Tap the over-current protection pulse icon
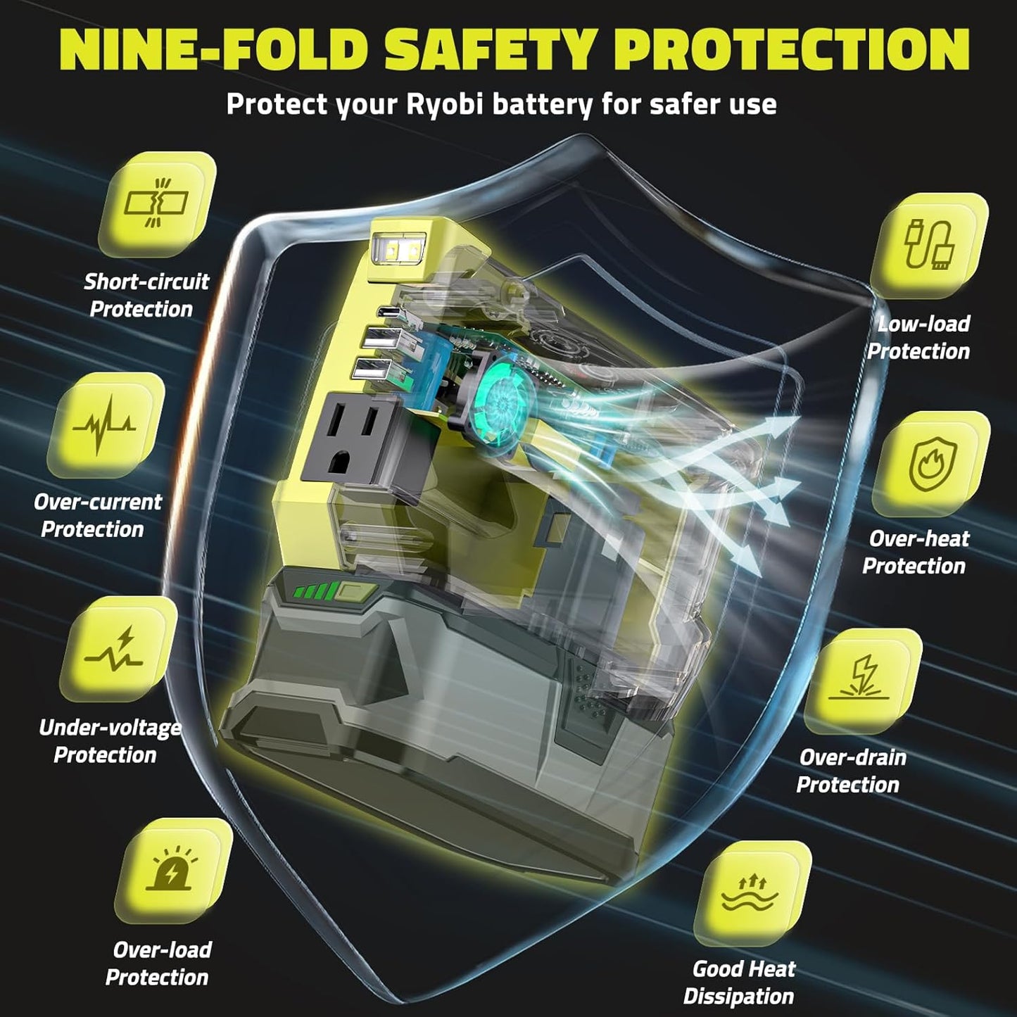coord(104,425)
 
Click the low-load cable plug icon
coord(928,245)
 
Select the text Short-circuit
coord(146,282)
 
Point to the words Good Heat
coord(744,969)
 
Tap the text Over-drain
coord(853,757)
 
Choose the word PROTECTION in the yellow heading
coord(792,51)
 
